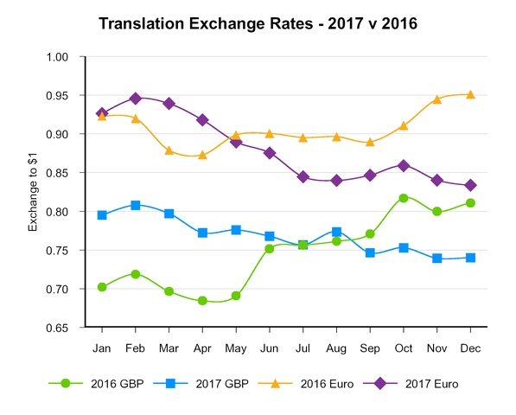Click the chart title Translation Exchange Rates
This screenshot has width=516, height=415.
pyautogui.click(x=258, y=23)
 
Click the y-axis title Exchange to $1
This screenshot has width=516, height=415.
pyautogui.click(x=33, y=191)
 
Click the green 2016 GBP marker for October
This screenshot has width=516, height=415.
pyautogui.click(x=404, y=198)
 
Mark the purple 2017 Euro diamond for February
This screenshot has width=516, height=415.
pyautogui.click(x=136, y=99)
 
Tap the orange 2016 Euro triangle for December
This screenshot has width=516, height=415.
pyautogui.click(x=470, y=94)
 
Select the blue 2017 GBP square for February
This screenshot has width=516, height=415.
pyautogui.click(x=136, y=205)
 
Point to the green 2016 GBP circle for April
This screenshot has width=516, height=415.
pyautogui.click(x=202, y=301)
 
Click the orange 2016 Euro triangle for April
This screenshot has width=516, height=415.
pyautogui.click(x=202, y=155)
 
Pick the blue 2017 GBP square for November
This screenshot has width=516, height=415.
pyautogui.click(x=436, y=259)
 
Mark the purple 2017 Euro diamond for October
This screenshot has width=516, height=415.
pyautogui.click(x=404, y=164)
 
